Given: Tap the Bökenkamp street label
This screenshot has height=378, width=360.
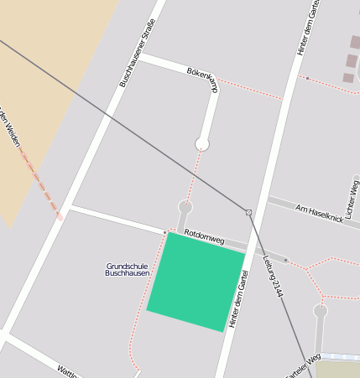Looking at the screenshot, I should (202, 80).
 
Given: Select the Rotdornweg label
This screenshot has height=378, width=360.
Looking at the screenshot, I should (205, 238).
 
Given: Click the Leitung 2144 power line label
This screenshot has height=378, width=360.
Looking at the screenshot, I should (273, 276).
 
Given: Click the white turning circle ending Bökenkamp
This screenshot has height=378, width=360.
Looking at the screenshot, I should (201, 144).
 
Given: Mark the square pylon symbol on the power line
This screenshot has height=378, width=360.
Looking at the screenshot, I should (248, 212).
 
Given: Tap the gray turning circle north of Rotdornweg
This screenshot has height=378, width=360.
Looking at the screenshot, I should (185, 206).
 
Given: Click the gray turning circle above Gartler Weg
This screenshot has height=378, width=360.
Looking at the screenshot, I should (320, 311).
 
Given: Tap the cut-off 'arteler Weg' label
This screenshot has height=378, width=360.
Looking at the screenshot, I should (303, 364).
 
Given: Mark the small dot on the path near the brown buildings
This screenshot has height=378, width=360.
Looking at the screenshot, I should (307, 78).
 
